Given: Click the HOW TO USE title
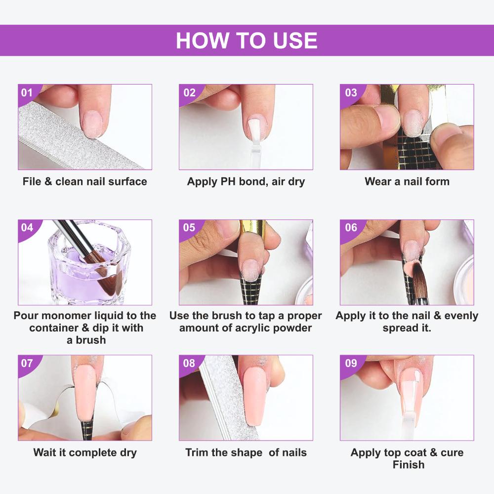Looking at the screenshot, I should (247, 41).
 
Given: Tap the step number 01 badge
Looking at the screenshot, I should (27, 92).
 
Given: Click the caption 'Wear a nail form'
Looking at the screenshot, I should (407, 181).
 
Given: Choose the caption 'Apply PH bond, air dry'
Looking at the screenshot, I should (246, 181).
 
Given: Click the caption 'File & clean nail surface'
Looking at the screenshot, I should (84, 181).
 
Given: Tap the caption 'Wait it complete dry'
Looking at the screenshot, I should (84, 452).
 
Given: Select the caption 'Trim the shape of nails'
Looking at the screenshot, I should (246, 452).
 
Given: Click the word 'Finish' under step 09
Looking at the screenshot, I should (408, 464).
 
